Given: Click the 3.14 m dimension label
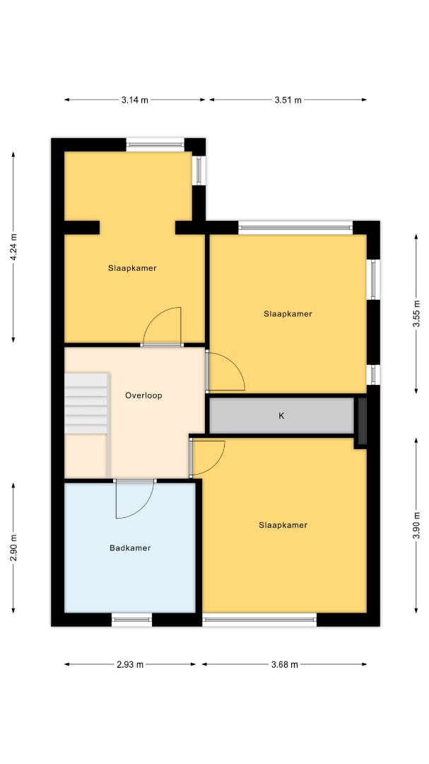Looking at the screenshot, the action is (x=135, y=100).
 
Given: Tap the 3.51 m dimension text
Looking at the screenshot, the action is (x=288, y=100).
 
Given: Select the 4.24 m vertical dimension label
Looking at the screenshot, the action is (x=13, y=247).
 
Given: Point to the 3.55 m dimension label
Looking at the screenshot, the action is (x=416, y=313).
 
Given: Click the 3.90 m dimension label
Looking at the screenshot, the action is (x=416, y=525).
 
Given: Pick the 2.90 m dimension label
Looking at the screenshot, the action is (x=13, y=548).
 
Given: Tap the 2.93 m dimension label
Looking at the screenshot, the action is (x=130, y=664).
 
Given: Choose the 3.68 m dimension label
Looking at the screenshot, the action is (x=284, y=664).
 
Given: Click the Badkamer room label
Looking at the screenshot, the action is (x=130, y=548).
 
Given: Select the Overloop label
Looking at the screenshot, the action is (x=143, y=395).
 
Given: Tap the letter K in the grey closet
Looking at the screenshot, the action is (x=281, y=416).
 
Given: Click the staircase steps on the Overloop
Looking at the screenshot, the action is (x=86, y=403).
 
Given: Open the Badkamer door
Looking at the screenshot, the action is (x=135, y=499).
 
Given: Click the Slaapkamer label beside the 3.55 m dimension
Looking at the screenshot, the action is (x=288, y=314).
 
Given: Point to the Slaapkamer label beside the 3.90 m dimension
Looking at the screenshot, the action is (x=283, y=525).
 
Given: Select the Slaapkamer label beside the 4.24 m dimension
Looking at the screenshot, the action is (x=132, y=268).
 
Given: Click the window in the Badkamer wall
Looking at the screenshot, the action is (x=132, y=620).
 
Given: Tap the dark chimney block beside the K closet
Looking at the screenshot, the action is (x=363, y=422).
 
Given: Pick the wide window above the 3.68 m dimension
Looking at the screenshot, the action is (x=259, y=620).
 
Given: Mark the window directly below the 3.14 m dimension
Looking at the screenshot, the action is (x=155, y=144).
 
